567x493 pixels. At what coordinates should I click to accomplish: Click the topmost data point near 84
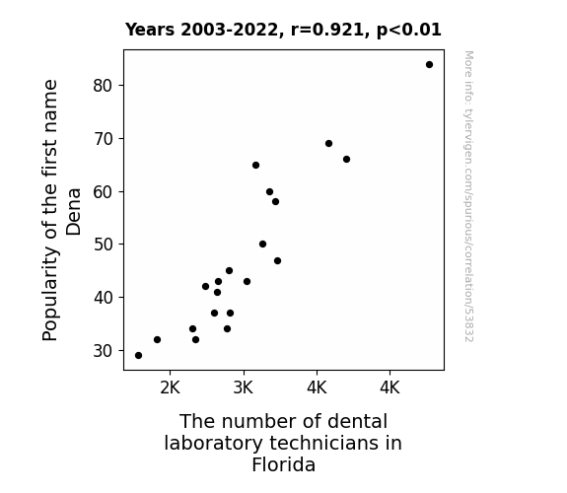[429, 65]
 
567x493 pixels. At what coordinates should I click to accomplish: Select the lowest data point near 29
[138, 356]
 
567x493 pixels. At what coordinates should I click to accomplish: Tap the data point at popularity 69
[328, 144]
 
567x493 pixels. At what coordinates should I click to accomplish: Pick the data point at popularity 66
[346, 159]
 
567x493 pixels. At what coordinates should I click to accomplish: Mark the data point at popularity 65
[255, 166]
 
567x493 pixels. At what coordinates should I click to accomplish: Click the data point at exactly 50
[263, 245]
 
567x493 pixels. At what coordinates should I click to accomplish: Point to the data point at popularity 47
[277, 260]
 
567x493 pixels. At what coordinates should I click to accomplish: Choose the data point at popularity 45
[229, 270]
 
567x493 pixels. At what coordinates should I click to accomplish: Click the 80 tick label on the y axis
[104, 86]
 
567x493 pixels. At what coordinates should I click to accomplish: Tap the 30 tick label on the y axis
[104, 350]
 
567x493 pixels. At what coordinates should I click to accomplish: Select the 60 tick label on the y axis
[104, 191]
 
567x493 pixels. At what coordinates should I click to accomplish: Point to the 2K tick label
[170, 387]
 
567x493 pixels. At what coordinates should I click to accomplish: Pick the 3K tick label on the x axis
[244, 387]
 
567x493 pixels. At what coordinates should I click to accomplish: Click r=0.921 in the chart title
[328, 30]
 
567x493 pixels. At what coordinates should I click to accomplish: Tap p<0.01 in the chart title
[409, 31]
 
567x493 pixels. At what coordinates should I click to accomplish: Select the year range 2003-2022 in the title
[229, 30]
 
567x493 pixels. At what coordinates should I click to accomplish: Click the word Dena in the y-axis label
[73, 212]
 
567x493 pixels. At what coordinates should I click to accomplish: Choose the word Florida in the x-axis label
[284, 464]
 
